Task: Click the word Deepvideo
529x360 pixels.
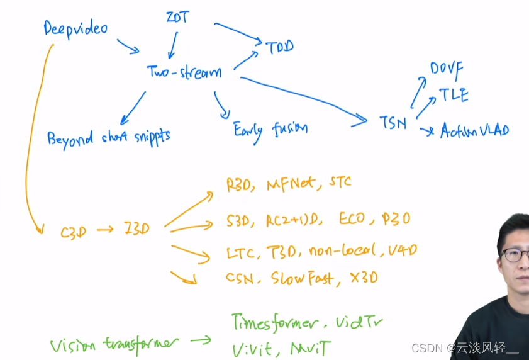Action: click(75, 28)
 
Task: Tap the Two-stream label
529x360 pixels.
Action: click(184, 72)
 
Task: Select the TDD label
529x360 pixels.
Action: click(279, 47)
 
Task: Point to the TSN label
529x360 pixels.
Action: click(393, 122)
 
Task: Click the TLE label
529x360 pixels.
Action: click(454, 96)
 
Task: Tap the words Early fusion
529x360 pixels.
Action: click(270, 130)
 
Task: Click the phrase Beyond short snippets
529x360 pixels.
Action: click(108, 137)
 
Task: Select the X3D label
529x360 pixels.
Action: click(364, 277)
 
